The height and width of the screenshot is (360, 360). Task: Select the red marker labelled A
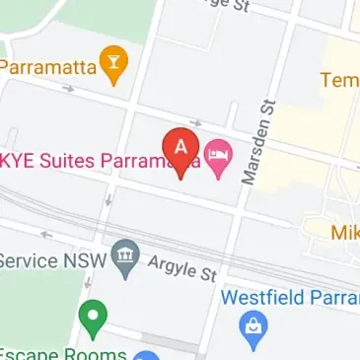(x=180, y=148)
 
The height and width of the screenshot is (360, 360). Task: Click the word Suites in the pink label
(x=72, y=159)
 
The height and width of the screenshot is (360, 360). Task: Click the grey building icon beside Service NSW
(x=124, y=258)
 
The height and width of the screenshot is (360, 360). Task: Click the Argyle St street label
(x=180, y=266)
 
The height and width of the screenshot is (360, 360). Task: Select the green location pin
(x=91, y=317)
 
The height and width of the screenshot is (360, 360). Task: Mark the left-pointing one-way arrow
(x=43, y=235)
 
